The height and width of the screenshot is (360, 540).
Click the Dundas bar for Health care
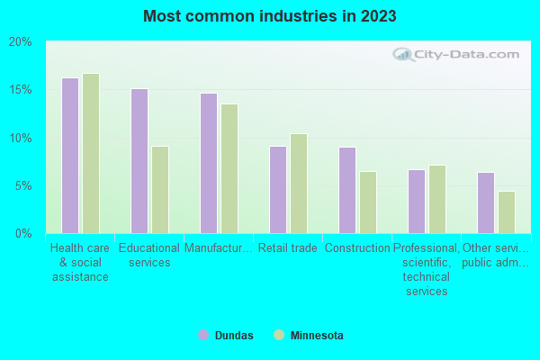pyautogui.click(x=70, y=156)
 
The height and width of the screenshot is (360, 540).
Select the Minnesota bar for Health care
pyautogui.click(x=91, y=153)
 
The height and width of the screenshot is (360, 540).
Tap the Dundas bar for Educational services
pyautogui.click(x=139, y=161)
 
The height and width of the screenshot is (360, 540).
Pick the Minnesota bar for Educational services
pyautogui.click(x=160, y=190)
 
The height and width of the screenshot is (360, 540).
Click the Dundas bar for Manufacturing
pyautogui.click(x=209, y=163)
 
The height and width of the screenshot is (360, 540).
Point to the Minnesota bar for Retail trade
pyautogui.click(x=299, y=184)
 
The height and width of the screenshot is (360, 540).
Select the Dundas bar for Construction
pyautogui.click(x=347, y=190)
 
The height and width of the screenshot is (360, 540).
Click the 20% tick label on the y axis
pyautogui.click(x=20, y=42)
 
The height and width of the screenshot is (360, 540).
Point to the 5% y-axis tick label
pyautogui.click(x=22, y=186)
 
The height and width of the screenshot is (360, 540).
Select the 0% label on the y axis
pyautogui.click(x=22, y=234)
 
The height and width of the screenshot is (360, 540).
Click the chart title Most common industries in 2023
pyautogui.click(x=269, y=16)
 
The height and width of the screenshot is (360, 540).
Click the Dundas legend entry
pyautogui.click(x=226, y=336)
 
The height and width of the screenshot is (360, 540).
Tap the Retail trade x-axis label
pyautogui.click(x=287, y=248)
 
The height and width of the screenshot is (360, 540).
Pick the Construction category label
pyautogui.click(x=356, y=248)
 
